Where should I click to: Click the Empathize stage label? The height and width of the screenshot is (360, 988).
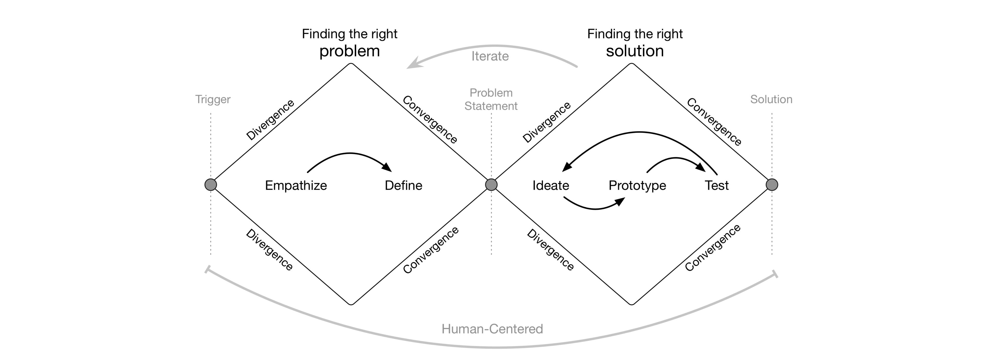click(x=296, y=186)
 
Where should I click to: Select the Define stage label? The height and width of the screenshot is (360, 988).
click(x=403, y=186)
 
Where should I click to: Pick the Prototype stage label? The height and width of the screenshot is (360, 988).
click(x=637, y=186)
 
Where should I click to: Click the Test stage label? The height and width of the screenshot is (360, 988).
click(x=717, y=186)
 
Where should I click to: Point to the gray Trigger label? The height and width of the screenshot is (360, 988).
click(x=213, y=99)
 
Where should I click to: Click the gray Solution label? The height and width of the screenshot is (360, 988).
click(x=771, y=99)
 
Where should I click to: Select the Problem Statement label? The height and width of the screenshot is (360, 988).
click(x=491, y=99)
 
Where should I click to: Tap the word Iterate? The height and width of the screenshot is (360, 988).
click(x=490, y=56)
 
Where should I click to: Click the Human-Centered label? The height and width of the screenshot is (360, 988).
click(x=492, y=329)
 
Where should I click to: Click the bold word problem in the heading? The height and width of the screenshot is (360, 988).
click(x=349, y=51)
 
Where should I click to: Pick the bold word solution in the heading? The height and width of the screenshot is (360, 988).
click(x=635, y=51)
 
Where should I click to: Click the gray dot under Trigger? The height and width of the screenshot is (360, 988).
click(x=210, y=185)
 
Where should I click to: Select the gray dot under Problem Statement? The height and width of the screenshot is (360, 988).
click(x=491, y=185)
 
